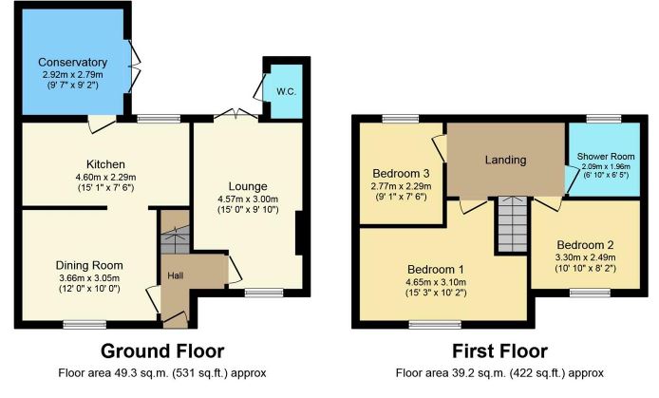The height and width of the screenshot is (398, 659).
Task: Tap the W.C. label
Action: click(285, 92)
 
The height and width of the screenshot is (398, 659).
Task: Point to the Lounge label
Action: click(247, 185)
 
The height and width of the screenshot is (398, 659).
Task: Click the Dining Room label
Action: click(90, 265)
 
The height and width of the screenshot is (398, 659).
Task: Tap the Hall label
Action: click(176, 275)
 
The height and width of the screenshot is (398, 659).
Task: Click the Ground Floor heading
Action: click(161, 349)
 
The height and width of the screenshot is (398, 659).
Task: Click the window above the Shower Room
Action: click(599, 118)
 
